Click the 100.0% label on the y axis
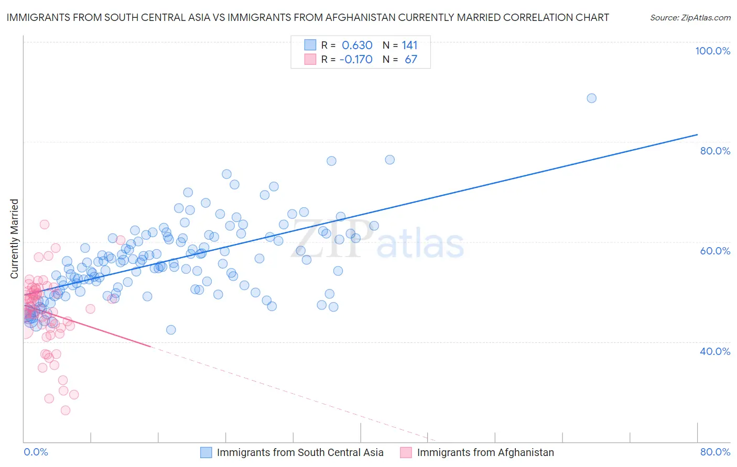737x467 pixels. pos(712,51)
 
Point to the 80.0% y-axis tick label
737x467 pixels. pos(715,151)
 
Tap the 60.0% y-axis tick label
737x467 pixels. pos(715,251)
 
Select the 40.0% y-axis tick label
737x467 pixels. pos(715,351)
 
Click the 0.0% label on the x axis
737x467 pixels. pos(36,452)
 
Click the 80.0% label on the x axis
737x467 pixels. pos(715,452)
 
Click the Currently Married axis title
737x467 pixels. pos(14,239)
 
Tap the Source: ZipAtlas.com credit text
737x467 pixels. pos(690,18)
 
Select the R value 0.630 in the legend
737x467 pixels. pos(357,46)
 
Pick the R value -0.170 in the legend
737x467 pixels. pos(356,60)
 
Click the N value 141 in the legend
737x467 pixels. pos(409,46)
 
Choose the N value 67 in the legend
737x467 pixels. pos(411,60)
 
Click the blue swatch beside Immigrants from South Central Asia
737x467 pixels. pos(206,453)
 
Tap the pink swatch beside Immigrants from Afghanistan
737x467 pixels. pos(406,453)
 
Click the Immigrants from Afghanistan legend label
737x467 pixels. pos(485,453)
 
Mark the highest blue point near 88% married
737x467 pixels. pos(591,98)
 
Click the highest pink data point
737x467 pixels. pos(45,225)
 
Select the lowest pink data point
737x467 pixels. pos(66,410)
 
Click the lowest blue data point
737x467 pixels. pos(171,330)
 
